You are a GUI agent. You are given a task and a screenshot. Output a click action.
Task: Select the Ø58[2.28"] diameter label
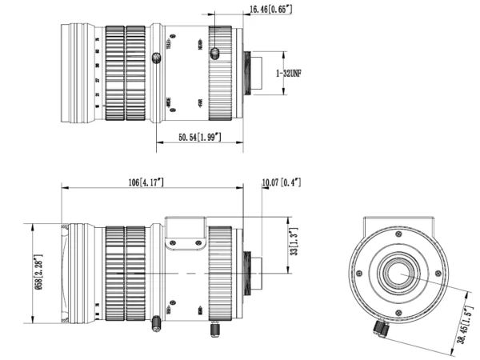(x=38, y=270)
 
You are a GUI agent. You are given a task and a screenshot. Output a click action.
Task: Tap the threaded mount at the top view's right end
(x=254, y=72)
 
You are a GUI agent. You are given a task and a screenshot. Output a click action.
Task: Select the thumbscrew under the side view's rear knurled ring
(x=214, y=328)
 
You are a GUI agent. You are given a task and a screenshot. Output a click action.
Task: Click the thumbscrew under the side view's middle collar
(x=154, y=322)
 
